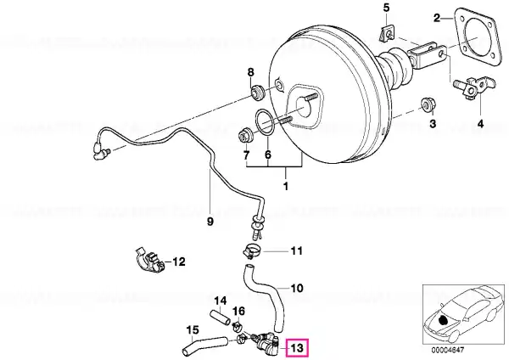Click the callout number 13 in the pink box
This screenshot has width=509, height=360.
pyautogui.click(x=297, y=347)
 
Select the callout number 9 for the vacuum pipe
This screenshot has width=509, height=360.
pyautogui.click(x=210, y=222)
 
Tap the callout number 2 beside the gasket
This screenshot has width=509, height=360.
pyautogui.click(x=437, y=18)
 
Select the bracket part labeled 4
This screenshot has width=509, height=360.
pyautogui.click(x=473, y=87)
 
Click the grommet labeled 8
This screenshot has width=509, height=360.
pyautogui.click(x=259, y=93)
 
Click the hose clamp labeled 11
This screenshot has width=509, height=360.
pyautogui.click(x=252, y=251)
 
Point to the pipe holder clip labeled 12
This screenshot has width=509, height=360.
pyautogui.click(x=149, y=261)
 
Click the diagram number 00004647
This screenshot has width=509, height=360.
pyautogui.click(x=448, y=350)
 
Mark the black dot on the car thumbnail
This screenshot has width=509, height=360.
pyautogui.click(x=443, y=320)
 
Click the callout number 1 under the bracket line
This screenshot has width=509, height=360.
pyautogui.click(x=286, y=187)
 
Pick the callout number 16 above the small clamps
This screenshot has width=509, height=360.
pyautogui.click(x=238, y=312)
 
